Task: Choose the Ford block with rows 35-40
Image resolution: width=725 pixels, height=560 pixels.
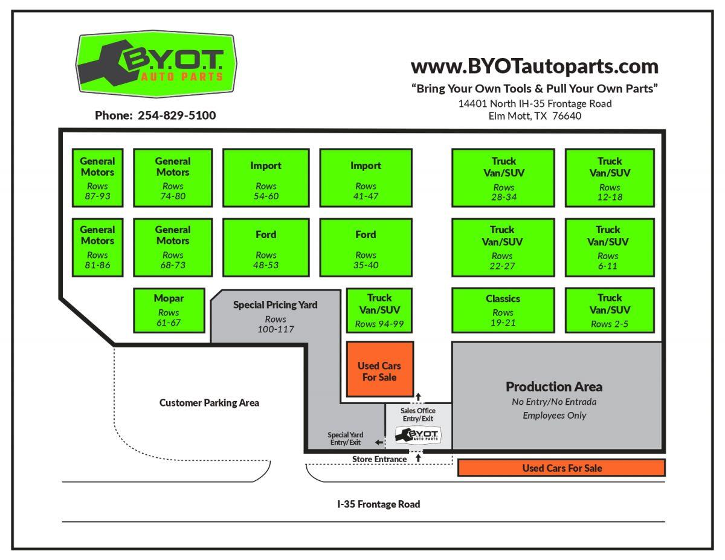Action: coord(366,246)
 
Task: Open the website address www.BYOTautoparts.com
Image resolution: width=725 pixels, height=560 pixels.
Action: coord(534,65)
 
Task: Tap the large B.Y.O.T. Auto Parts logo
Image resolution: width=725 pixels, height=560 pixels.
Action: coord(156,65)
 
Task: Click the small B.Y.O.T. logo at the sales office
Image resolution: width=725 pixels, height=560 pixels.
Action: coord(418,435)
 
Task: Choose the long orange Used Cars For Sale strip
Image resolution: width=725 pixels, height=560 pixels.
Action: coord(562,468)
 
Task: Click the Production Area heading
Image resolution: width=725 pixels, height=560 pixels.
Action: coord(554,387)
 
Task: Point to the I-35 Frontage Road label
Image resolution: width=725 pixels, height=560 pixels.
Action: coord(378,504)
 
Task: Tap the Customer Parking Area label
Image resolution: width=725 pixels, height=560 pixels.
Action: coord(209,403)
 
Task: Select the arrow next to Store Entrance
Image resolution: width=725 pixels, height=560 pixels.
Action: coord(418,459)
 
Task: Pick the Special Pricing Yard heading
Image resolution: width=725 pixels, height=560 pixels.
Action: coord(275,305)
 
